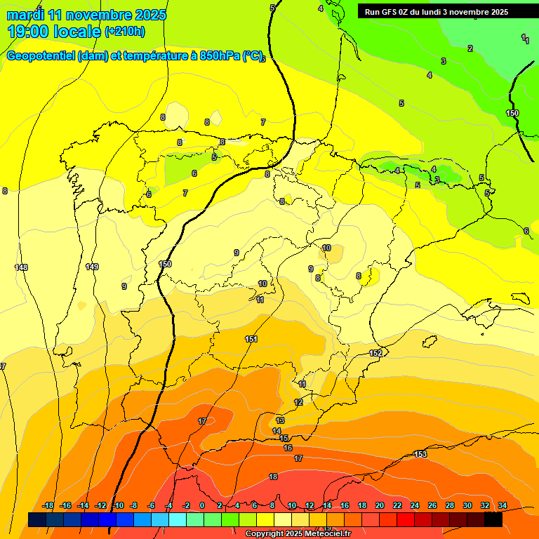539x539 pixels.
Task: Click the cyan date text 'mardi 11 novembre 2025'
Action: [x=86, y=15]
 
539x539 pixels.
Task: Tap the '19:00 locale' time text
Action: [x=54, y=32]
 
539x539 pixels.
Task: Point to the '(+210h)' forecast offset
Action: [x=125, y=32]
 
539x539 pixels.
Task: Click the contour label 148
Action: [x=21, y=267]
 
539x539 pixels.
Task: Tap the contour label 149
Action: [x=92, y=267]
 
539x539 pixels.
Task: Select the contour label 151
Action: [x=251, y=339]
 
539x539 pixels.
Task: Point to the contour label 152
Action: [x=376, y=353]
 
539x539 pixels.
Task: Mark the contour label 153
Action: [x=420, y=454]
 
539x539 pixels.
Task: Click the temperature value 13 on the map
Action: [x=280, y=420]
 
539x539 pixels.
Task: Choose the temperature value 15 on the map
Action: [x=284, y=439]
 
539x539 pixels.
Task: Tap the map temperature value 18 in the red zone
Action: [x=273, y=477]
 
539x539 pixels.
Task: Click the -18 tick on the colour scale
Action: [x=48, y=505]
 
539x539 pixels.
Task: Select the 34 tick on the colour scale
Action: [x=503, y=505]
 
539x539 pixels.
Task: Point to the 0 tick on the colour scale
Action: [x=202, y=505]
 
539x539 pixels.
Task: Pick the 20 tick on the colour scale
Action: [x=380, y=505]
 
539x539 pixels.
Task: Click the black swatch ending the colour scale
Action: [x=493, y=519]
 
